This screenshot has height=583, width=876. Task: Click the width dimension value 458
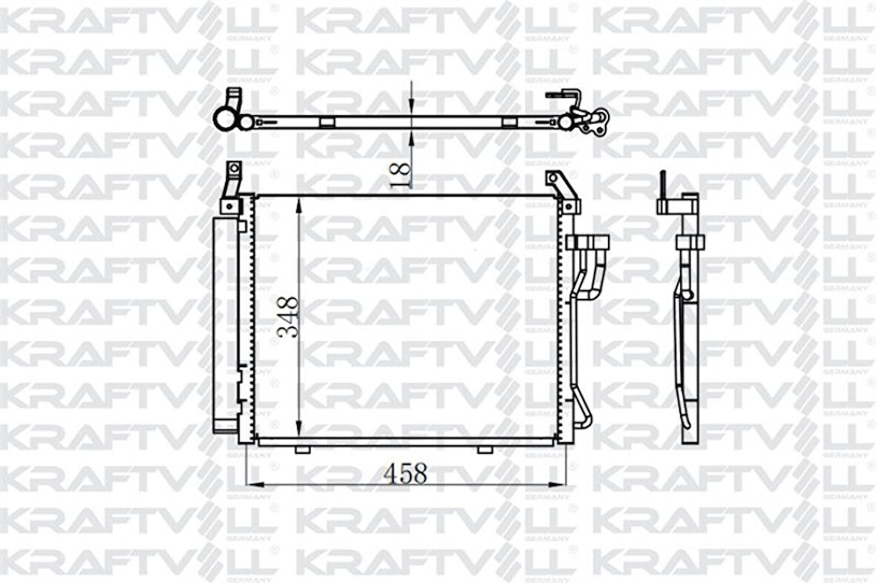click(405, 473)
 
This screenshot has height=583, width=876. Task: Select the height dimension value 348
click(288, 317)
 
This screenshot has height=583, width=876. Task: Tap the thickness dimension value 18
click(400, 175)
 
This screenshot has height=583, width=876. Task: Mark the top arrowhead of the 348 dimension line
click(299, 202)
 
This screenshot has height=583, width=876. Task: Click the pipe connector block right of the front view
click(587, 243)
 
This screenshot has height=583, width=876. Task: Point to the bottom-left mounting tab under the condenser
click(302, 449)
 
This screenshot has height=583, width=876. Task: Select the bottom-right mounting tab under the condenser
click(484, 449)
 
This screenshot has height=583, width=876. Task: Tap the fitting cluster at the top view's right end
click(590, 119)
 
